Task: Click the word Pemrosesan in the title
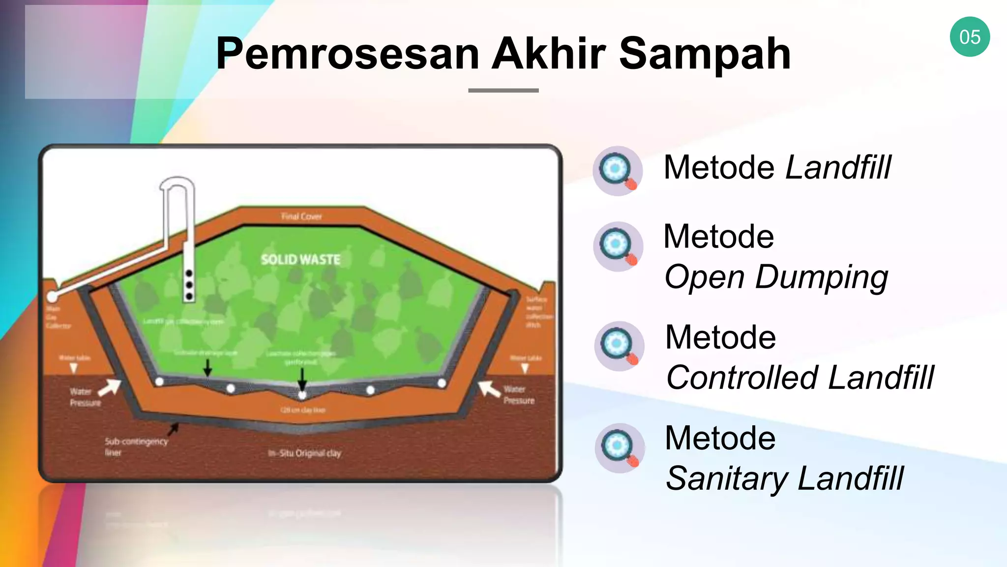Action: [x=347, y=54]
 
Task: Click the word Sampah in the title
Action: [x=704, y=54]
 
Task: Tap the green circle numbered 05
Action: [x=970, y=37]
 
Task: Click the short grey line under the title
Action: [x=503, y=91]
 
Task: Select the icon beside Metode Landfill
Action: [x=618, y=171]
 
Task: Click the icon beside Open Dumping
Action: [x=618, y=246]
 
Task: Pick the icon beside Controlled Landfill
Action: [x=619, y=346]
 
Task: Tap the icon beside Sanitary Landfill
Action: [x=620, y=448]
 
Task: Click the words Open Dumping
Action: [x=776, y=278]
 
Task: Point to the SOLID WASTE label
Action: [x=300, y=259]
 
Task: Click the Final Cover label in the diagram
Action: [x=301, y=216]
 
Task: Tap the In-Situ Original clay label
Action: [x=304, y=453]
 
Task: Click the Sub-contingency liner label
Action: [x=135, y=446]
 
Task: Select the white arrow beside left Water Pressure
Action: [x=110, y=387]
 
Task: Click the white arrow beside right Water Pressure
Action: [x=489, y=388]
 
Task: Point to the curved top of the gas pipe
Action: [x=177, y=183]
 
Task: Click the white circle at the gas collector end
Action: [x=52, y=297]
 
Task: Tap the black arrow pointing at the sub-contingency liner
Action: [x=173, y=429]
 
